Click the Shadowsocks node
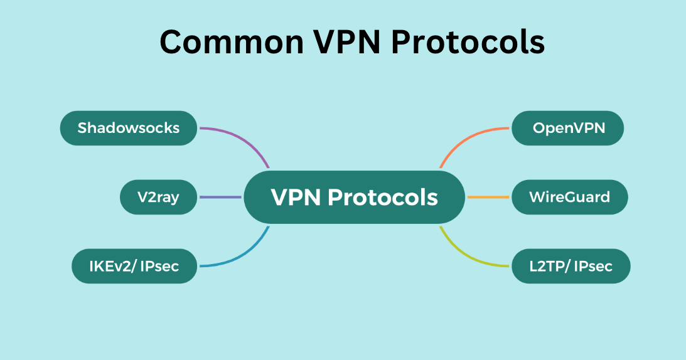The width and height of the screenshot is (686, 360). tap(129, 128)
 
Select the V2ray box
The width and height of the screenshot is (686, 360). tap(158, 197)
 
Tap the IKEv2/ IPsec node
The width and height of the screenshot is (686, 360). tap(134, 266)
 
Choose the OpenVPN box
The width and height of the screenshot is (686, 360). tap(569, 128)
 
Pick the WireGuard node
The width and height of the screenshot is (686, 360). tap(569, 197)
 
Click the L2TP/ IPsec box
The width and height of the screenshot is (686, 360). tap(571, 267)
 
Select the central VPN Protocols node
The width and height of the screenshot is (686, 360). tap(354, 197)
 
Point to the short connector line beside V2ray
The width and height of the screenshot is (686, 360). tap(220, 197)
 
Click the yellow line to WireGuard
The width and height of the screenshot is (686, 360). tap(488, 197)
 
